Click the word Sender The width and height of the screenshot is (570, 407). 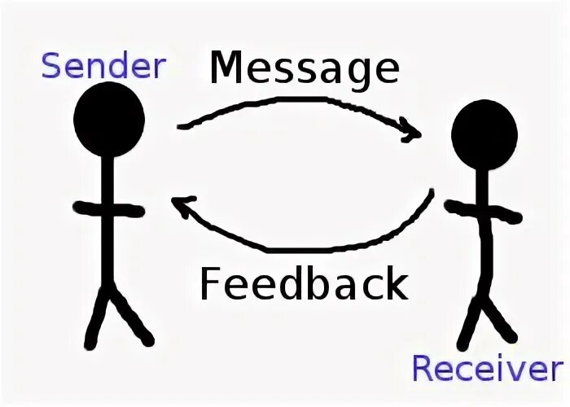[103, 64]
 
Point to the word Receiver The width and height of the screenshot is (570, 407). [487, 368]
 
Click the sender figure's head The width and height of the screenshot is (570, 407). [108, 118]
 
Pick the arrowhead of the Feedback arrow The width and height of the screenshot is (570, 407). [181, 207]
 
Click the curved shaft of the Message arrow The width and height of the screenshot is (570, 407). [293, 101]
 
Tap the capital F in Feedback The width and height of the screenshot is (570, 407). [210, 285]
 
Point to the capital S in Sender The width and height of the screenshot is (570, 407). [52, 64]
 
